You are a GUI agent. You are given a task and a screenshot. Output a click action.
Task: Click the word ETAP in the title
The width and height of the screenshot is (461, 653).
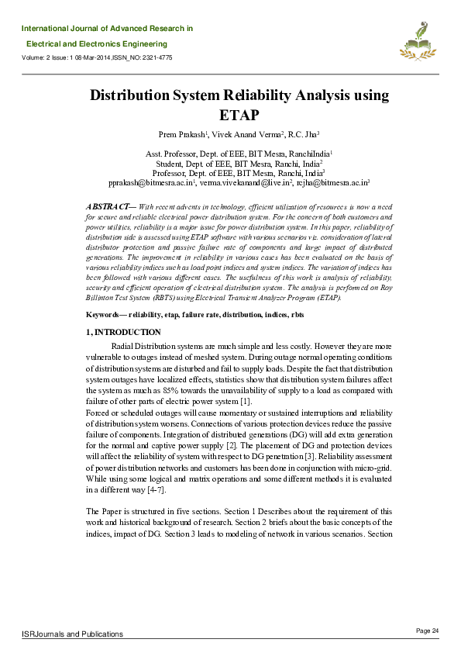coord(231,116)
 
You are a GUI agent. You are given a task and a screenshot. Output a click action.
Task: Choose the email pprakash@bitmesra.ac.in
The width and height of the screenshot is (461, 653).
coord(150,184)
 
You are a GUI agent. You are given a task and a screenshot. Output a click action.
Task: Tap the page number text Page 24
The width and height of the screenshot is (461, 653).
coord(428,630)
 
